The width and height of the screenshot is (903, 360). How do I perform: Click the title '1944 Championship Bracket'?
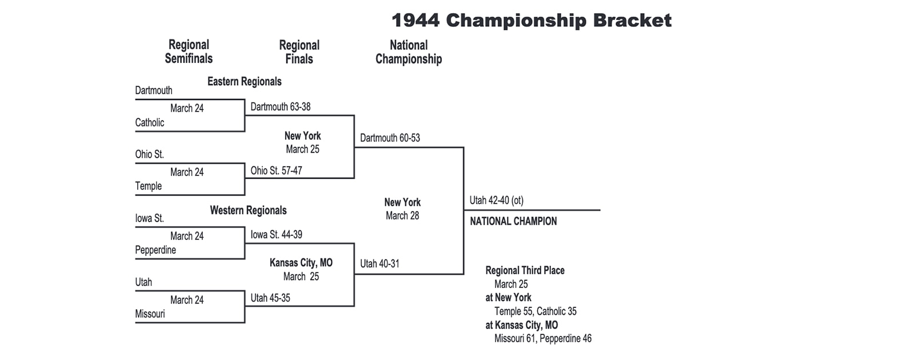(531, 21)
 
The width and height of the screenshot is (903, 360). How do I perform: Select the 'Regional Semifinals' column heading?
(189, 51)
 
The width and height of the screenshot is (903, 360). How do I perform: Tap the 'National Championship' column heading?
(408, 52)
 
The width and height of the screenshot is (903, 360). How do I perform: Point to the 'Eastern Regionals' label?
(244, 82)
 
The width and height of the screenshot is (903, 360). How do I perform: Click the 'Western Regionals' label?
(248, 210)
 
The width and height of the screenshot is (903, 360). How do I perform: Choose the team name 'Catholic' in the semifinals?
(150, 122)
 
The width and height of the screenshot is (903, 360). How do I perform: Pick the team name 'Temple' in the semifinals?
(149, 186)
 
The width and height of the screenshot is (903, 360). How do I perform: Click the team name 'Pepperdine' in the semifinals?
(155, 250)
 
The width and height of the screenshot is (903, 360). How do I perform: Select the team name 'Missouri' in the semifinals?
(150, 314)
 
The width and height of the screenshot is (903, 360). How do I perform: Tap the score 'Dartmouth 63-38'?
(281, 107)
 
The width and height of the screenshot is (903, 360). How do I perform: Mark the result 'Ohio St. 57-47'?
(276, 170)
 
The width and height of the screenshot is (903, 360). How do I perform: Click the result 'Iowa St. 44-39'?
(276, 234)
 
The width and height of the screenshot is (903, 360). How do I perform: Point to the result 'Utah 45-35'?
(270, 298)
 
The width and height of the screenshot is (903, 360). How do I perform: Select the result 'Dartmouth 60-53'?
(390, 138)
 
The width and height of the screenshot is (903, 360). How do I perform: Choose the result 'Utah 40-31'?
(379, 263)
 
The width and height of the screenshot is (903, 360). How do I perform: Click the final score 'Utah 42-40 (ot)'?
(496, 200)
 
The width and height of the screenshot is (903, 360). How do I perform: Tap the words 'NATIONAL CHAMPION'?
(513, 221)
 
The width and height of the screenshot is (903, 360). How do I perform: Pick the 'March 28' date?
(402, 215)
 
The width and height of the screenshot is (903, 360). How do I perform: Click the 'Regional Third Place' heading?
(525, 270)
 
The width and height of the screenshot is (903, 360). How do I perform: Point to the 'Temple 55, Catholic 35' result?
(536, 311)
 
